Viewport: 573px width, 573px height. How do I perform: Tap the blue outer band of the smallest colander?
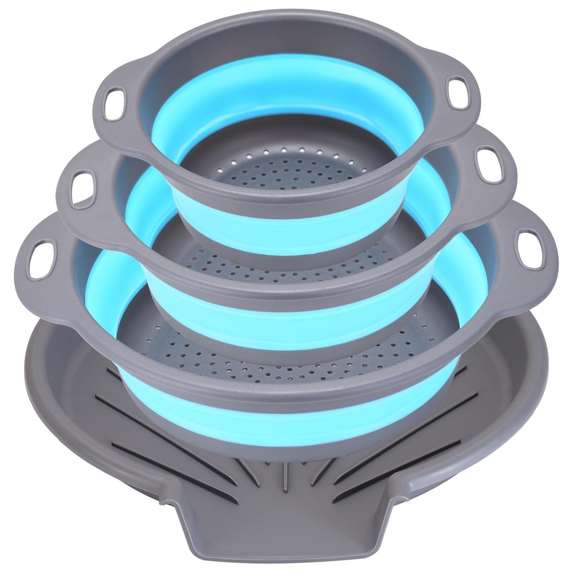point(286,229)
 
